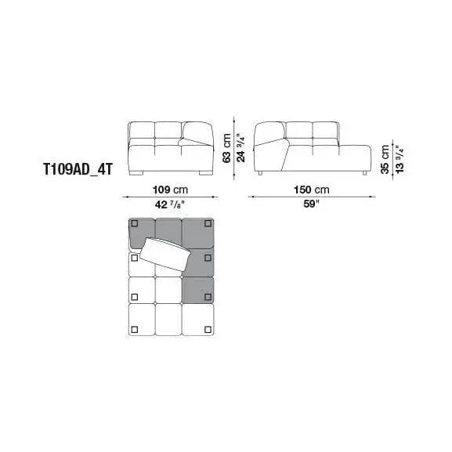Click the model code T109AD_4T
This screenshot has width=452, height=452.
click(78, 169)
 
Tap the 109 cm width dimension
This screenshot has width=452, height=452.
click(170, 190)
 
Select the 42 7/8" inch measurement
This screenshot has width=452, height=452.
click(169, 204)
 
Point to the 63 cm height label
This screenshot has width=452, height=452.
click(227, 148)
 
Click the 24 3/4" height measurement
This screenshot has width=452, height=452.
click(240, 147)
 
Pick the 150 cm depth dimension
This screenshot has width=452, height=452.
click(311, 190)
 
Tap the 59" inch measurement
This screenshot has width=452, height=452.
click(311, 204)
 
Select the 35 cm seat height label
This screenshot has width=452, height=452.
click(385, 159)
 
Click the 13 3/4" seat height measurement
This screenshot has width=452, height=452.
click(400, 159)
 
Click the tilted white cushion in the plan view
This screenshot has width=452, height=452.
click(165, 255)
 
